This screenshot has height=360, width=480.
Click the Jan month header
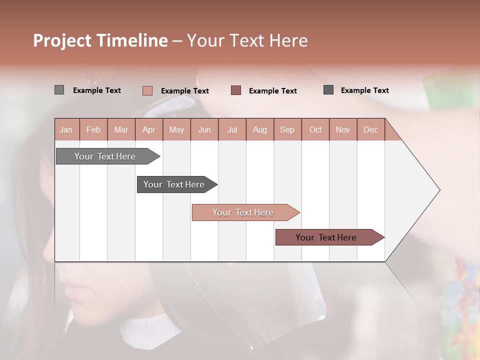pos(66,129)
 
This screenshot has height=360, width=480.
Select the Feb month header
pos(93,129)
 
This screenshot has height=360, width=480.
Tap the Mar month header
pos(121,129)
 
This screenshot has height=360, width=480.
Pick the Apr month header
pos(148,129)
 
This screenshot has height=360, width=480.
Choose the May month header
pos(176,129)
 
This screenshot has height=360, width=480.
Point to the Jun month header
pos(204,129)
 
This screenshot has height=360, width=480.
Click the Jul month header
pos(232,129)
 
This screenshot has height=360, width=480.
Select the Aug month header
pos(260,129)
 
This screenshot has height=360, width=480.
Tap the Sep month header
pos(287,129)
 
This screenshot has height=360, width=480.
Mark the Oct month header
pos(315,129)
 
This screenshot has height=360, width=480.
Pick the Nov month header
pos(343,129)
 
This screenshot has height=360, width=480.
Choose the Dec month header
pos(370,129)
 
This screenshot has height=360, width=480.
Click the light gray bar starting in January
pos(105,156)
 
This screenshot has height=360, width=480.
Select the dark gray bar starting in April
pos(174,184)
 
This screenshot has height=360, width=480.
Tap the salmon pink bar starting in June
pos(243,212)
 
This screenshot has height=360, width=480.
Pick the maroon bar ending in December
pos(326,237)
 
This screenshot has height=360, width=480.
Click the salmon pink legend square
pos(147,90)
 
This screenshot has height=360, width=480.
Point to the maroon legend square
pos(236,90)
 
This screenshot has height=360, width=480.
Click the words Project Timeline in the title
pos(100,40)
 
